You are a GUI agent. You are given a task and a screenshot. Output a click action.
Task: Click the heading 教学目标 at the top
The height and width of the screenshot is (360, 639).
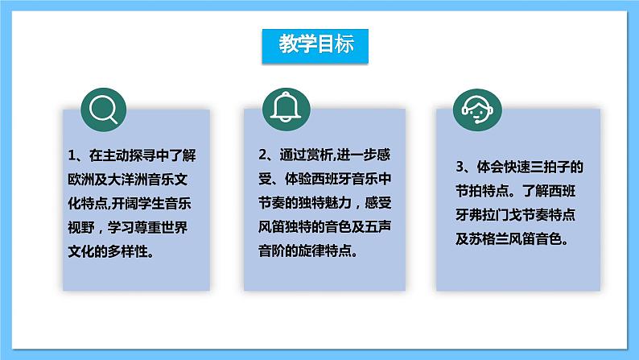[x=315, y=45]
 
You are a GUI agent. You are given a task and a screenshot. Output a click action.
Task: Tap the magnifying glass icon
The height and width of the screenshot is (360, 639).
[x=103, y=108]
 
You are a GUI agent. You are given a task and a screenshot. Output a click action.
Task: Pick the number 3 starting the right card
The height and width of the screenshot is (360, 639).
[x=460, y=168]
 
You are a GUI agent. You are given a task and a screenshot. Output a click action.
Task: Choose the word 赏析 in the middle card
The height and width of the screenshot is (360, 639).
[x=322, y=155]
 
